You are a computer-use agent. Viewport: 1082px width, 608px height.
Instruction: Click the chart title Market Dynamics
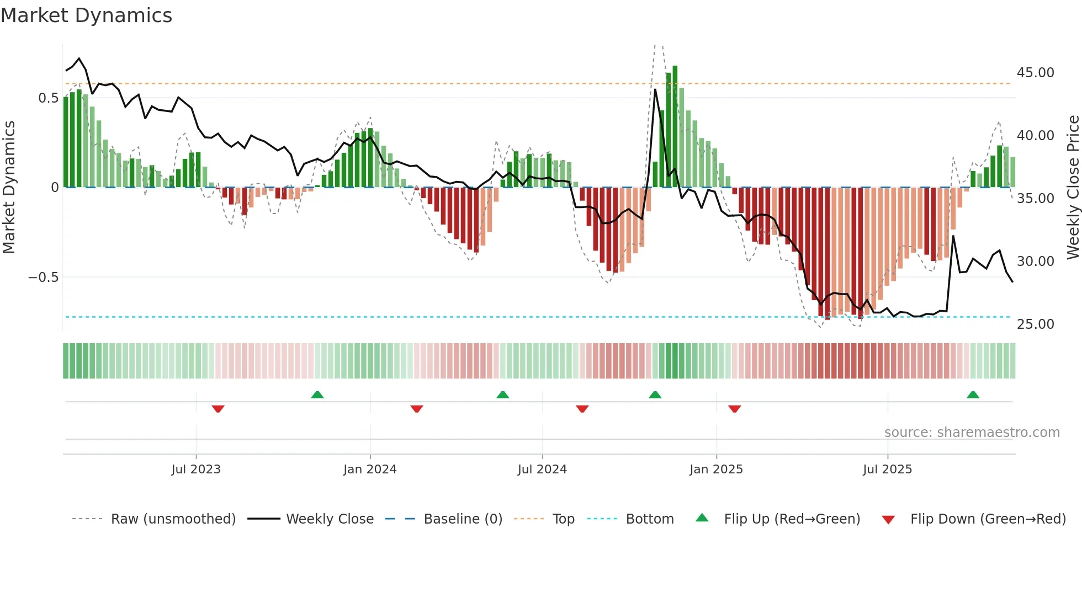86,15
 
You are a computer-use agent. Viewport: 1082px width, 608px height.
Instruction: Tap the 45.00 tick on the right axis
1035,73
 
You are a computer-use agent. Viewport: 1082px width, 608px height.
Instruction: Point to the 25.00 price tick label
1035,324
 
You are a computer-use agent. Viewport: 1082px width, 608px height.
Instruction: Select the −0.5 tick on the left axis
43,278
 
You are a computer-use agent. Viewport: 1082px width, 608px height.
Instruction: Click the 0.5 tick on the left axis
48,98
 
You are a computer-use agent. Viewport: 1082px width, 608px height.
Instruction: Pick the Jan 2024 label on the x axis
370,470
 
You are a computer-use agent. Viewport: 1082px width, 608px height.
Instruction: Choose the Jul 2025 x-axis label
887,470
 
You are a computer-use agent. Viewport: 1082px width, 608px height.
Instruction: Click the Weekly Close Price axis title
1073,187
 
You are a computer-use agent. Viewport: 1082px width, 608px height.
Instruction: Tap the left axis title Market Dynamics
9,187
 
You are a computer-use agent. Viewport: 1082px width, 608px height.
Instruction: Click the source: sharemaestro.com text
972,433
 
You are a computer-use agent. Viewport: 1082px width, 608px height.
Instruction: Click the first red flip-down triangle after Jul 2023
218,409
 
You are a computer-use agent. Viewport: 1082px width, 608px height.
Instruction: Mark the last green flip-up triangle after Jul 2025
973,394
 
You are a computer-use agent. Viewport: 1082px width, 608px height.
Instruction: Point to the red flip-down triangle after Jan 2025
734,409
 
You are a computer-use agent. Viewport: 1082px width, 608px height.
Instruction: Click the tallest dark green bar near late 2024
675,127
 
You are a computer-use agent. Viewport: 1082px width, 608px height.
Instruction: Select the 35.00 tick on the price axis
1035,199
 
